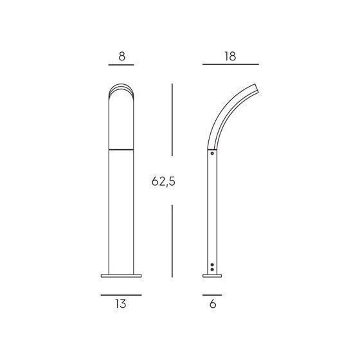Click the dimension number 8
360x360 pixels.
pyautogui.click(x=122, y=57)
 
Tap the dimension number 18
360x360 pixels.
pyautogui.click(x=230, y=57)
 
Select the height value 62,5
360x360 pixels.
pyautogui.click(x=163, y=181)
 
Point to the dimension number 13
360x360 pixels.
pyautogui.click(x=121, y=303)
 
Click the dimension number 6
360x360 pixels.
pyautogui.click(x=213, y=303)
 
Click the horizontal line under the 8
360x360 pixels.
pyautogui.click(x=122, y=65)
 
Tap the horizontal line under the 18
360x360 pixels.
pyautogui.click(x=231, y=64)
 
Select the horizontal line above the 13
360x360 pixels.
pyautogui.click(x=122, y=295)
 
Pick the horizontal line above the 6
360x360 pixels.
pyautogui.click(x=212, y=295)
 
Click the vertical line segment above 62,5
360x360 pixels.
pyautogui.click(x=172, y=120)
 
